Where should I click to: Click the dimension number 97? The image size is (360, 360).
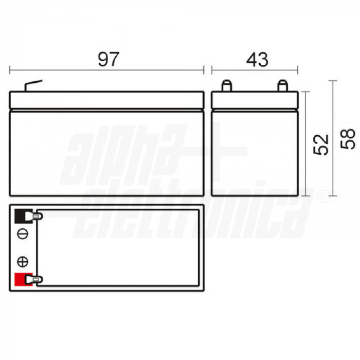point(108,59)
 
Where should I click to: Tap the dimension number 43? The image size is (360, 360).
point(257,59)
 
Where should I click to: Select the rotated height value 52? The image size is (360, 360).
point(321,144)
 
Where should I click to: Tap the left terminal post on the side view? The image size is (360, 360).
point(226,86)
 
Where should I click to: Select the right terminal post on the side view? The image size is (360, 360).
point(282,86)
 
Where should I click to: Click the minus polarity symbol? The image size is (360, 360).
point(22,235)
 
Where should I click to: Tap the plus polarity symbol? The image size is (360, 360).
point(22,261)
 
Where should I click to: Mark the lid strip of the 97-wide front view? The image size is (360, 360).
point(107,100)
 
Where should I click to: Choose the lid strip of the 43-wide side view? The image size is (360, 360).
point(255,100)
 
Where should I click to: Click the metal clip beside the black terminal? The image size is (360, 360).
point(37,217)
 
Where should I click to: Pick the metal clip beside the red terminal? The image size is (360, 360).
point(37,280)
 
